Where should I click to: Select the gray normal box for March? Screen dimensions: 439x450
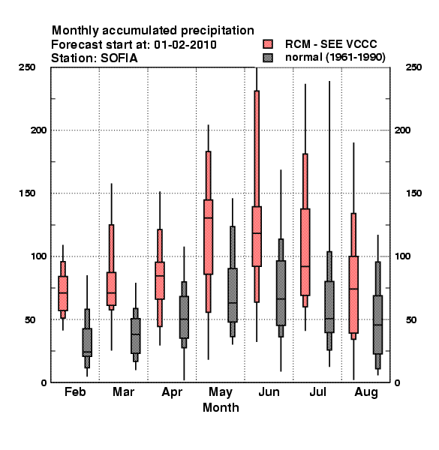click(x=136, y=336)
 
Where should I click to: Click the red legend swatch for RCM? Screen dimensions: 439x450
click(x=268, y=44)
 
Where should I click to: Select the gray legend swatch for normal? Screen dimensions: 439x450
click(x=268, y=58)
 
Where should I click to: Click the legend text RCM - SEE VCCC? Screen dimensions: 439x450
click(x=331, y=44)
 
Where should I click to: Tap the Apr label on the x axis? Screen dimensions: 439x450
click(x=172, y=392)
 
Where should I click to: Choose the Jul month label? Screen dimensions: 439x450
click(x=317, y=391)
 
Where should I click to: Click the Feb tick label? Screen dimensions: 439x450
click(x=75, y=391)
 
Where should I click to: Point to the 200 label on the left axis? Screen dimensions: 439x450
click(x=39, y=130)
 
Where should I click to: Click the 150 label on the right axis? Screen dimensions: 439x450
click(x=413, y=193)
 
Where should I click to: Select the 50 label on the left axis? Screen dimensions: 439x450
click(x=30, y=319)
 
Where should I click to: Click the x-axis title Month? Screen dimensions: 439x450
click(x=221, y=407)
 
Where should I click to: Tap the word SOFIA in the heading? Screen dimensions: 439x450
click(x=119, y=58)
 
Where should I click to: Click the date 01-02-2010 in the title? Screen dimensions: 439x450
click(x=185, y=44)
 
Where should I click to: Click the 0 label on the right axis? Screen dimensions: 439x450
click(x=397, y=382)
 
